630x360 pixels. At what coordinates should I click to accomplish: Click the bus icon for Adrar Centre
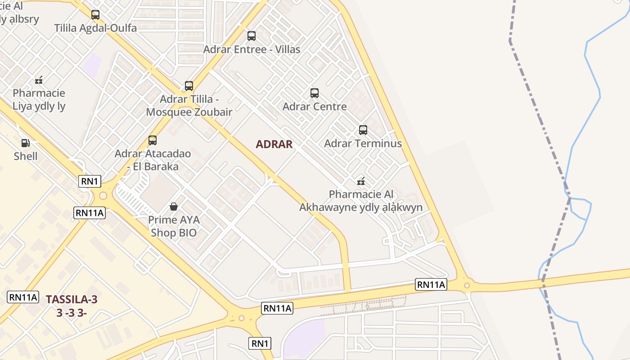pyautogui.click(x=315, y=93)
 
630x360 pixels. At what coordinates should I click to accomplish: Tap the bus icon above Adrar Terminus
pyautogui.click(x=363, y=130)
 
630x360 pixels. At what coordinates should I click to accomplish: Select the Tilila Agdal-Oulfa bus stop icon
pyautogui.click(x=95, y=15)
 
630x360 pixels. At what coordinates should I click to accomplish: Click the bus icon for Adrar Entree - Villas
pyautogui.click(x=252, y=36)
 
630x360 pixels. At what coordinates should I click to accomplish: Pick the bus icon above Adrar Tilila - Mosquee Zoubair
pyautogui.click(x=189, y=85)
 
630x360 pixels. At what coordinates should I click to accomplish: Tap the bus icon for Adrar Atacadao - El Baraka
pyautogui.click(x=153, y=140)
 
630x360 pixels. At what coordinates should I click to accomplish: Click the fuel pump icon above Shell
pyautogui.click(x=26, y=143)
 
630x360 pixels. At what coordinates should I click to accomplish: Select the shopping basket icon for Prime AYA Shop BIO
pyautogui.click(x=174, y=207)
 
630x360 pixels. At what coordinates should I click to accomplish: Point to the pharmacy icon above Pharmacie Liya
pyautogui.click(x=39, y=81)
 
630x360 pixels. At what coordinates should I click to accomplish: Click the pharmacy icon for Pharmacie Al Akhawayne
pyautogui.click(x=360, y=181)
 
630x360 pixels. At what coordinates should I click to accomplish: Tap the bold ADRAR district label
pyautogui.click(x=274, y=144)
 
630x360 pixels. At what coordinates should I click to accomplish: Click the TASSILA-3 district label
pyautogui.click(x=72, y=299)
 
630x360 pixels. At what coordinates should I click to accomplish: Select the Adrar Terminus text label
pyautogui.click(x=363, y=144)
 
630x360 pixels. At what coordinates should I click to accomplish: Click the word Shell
pyautogui.click(x=26, y=156)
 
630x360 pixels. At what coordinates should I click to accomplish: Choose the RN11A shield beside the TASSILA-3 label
pyautogui.click(x=22, y=297)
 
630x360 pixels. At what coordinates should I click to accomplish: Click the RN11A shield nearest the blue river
pyautogui.click(x=431, y=284)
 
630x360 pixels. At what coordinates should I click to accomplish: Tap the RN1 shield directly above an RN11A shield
pyautogui.click(x=90, y=181)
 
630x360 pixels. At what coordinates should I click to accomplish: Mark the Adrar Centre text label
pyautogui.click(x=315, y=107)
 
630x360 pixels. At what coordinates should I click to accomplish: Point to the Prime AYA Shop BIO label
pyautogui.click(x=174, y=226)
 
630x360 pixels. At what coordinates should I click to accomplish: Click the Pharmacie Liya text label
pyautogui.click(x=39, y=100)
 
